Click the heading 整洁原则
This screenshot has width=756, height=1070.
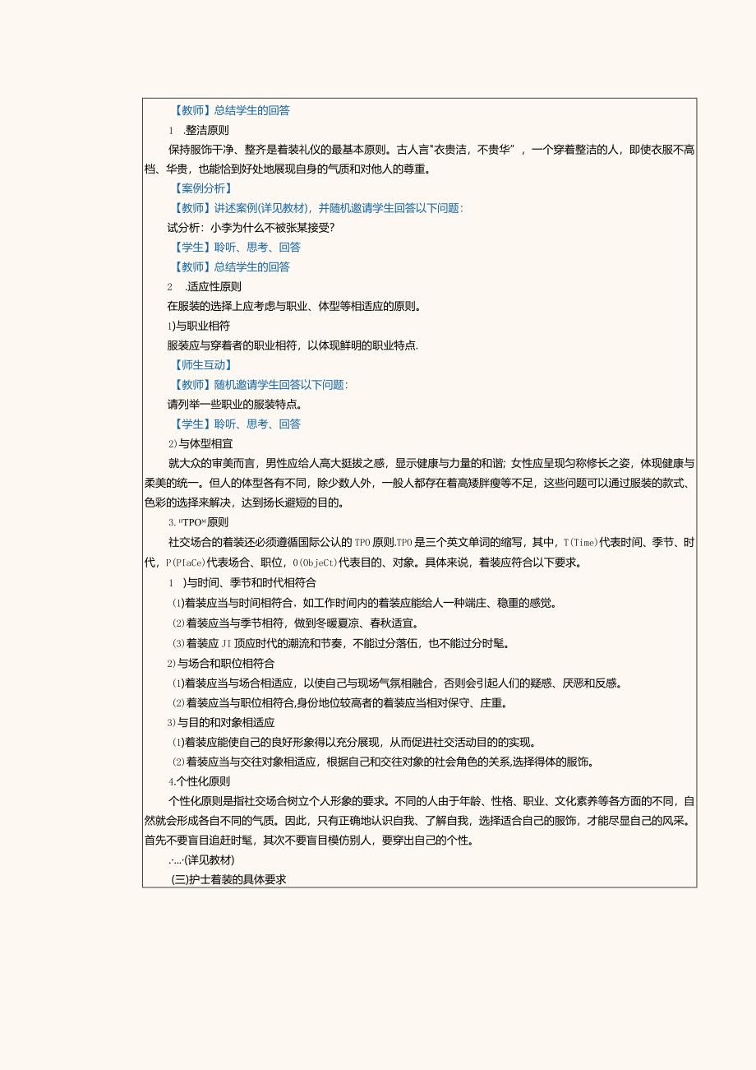[207, 130]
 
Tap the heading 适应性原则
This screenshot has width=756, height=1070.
[214, 287]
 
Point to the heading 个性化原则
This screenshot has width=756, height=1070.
[202, 781]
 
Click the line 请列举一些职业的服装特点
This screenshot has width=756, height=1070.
[235, 405]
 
